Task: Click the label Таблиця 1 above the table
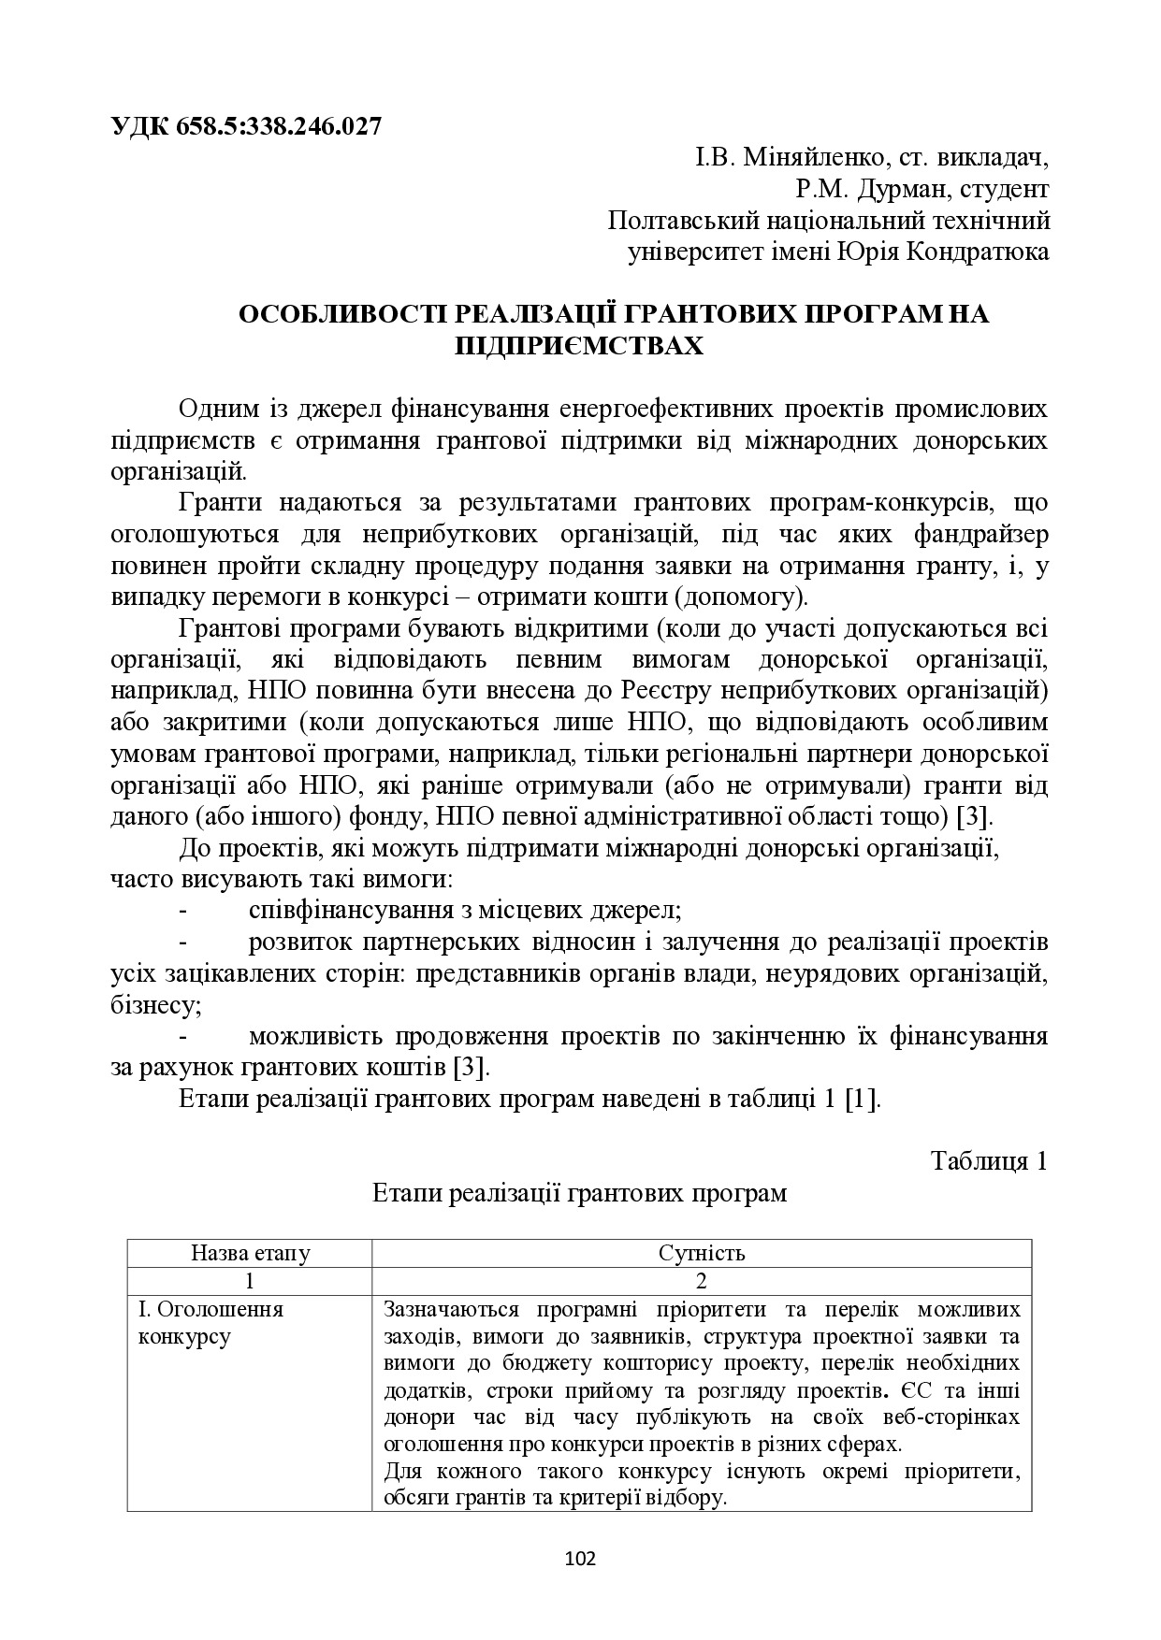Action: pos(988,1161)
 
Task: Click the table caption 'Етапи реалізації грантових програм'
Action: pos(579,1193)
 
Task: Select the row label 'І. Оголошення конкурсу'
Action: pos(210,1322)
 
